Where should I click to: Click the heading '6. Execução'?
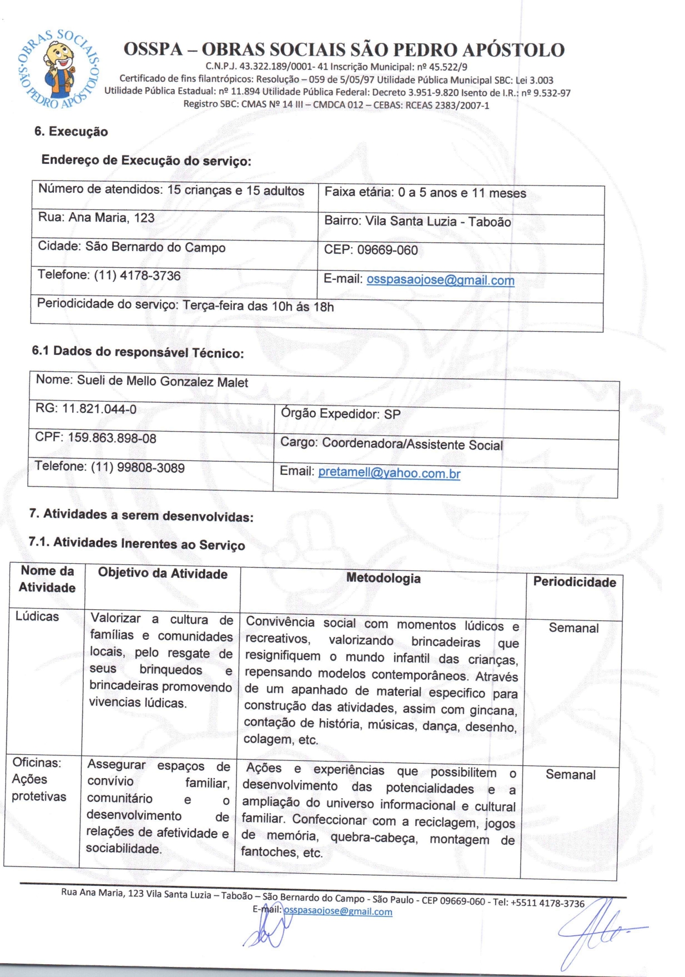pyautogui.click(x=70, y=132)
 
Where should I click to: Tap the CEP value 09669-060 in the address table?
pyautogui.click(x=387, y=250)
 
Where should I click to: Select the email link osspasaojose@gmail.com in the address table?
pyautogui.click(x=440, y=280)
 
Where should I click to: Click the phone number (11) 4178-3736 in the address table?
pyautogui.click(x=137, y=275)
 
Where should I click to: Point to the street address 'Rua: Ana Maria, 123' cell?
pyautogui.click(x=96, y=218)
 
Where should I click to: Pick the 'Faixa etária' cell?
pyautogui.click(x=425, y=193)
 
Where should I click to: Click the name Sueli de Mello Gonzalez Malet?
pyautogui.click(x=162, y=382)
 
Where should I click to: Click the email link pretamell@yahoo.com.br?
pyautogui.click(x=389, y=473)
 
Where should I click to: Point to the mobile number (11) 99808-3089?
pyautogui.click(x=137, y=467)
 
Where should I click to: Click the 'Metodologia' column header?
pyautogui.click(x=383, y=578)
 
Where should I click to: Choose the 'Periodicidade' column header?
pyautogui.click(x=575, y=582)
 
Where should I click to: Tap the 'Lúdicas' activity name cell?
pyautogui.click(x=37, y=616)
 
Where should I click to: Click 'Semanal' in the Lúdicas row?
pyautogui.click(x=573, y=628)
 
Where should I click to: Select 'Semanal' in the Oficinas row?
pyautogui.click(x=570, y=774)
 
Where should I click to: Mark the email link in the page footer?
pyautogui.click(x=338, y=911)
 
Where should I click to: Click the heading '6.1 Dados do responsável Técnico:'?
pyautogui.click(x=138, y=352)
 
